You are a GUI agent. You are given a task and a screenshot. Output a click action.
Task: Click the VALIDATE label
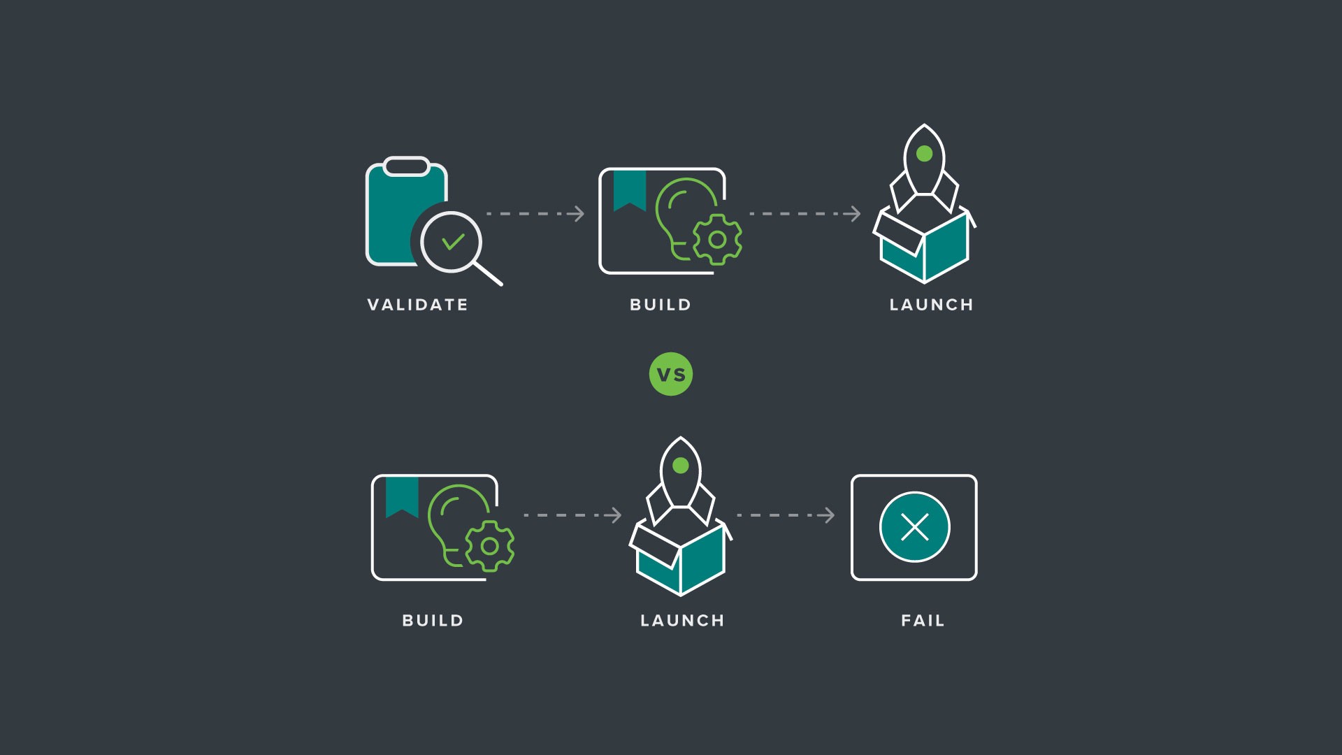coord(417,305)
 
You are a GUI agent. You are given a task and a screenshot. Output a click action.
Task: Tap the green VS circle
coord(671,374)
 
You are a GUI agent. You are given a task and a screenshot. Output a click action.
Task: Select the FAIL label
coord(923,621)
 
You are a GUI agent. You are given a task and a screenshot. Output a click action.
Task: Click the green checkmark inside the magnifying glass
coord(453,242)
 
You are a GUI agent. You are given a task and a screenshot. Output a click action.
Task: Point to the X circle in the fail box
coord(914,527)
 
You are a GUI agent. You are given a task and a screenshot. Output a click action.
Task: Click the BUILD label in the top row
coord(661,305)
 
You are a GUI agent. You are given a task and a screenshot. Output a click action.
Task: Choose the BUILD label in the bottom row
coord(433,621)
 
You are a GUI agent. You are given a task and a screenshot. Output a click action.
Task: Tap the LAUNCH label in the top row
coord(931,305)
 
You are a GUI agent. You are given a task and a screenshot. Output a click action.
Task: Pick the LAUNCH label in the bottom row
coord(682,621)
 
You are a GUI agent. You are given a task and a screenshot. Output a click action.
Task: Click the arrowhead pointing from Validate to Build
coord(578,214)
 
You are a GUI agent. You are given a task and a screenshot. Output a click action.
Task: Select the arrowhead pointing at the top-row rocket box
coord(854,214)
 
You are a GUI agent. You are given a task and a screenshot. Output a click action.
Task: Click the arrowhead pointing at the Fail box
coord(828,515)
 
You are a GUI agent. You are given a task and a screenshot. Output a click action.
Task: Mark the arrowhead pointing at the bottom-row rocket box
coord(615,515)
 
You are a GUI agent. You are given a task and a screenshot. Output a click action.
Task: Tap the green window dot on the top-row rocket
coord(924,153)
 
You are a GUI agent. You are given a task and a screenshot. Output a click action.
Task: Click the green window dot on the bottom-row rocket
coord(680,466)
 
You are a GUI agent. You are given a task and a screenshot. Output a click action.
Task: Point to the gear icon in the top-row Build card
coord(717,240)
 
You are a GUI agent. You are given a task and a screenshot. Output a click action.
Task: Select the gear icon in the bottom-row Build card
coord(490,546)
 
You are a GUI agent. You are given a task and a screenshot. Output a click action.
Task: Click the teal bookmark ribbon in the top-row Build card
coord(630,189)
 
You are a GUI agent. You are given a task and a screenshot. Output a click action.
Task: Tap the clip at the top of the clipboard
coord(406,166)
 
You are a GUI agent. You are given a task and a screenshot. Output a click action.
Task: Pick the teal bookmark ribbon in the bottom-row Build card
coord(402,496)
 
